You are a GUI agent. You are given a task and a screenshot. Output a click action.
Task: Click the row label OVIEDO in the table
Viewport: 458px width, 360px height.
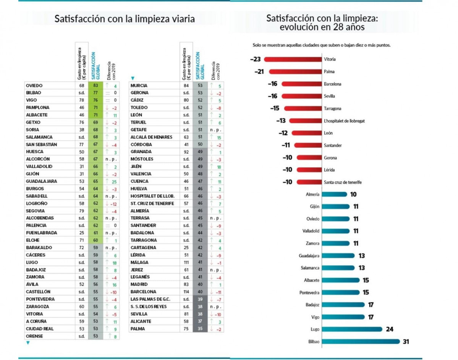click(x=34, y=86)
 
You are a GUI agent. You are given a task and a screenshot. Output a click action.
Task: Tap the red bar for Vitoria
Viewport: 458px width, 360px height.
click(x=293, y=59)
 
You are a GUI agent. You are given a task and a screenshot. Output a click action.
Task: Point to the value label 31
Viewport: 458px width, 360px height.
click(x=406, y=342)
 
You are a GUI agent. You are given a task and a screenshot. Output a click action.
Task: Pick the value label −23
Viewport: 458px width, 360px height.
click(x=255, y=59)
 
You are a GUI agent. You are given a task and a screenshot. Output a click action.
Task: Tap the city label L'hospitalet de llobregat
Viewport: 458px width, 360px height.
click(x=344, y=121)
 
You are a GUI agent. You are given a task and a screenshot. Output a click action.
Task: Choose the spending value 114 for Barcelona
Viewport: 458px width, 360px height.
click(x=186, y=292)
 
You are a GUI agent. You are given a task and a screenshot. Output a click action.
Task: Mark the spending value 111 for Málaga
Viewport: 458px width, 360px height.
click(x=186, y=263)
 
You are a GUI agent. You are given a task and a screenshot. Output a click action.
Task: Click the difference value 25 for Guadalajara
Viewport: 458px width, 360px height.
click(x=114, y=182)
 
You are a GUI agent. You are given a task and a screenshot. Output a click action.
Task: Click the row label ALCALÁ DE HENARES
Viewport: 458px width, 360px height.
click(x=151, y=137)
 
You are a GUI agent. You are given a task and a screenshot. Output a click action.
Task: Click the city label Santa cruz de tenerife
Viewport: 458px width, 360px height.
click(x=343, y=182)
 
